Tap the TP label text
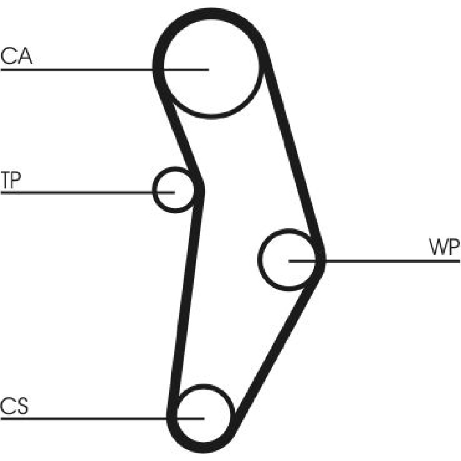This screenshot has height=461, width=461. click(x=10, y=180)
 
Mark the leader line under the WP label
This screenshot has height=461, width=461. click(x=392, y=261)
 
